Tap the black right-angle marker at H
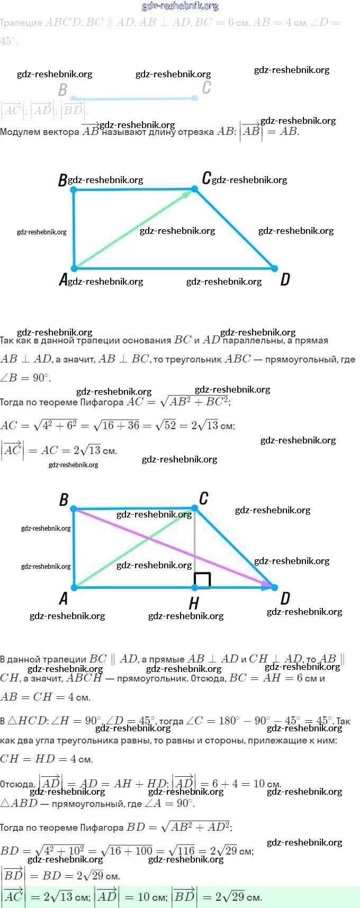(x=203, y=580)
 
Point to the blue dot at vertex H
(x=195, y=587)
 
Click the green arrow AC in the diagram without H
(x=132, y=229)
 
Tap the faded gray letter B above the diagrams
(x=62, y=90)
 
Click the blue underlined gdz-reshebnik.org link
(x=180, y=6)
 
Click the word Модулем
(x=20, y=132)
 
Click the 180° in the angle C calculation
(x=229, y=721)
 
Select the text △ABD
(x=19, y=803)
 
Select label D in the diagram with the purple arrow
(x=285, y=598)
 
